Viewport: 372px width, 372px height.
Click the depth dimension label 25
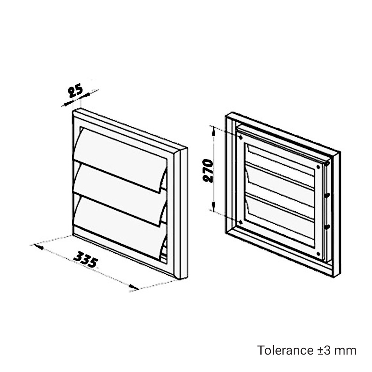click(x=76, y=91)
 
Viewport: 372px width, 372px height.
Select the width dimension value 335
click(x=86, y=260)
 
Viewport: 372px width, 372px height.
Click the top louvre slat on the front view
click(x=120, y=158)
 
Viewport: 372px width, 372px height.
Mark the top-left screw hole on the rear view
click(x=241, y=137)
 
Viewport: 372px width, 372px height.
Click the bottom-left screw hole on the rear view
click(x=241, y=222)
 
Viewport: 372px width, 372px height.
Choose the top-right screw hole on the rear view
click(x=318, y=167)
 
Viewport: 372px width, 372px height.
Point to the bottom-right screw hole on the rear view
click(x=318, y=254)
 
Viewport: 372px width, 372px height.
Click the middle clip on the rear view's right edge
click(x=327, y=195)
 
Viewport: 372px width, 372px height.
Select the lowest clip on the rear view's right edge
click(x=327, y=227)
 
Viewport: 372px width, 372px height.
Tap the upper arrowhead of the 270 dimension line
click(x=214, y=131)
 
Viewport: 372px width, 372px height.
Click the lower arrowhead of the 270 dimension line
click(x=214, y=206)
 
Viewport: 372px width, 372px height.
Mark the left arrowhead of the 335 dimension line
click(x=39, y=247)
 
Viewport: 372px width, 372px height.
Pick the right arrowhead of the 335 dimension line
click(x=134, y=287)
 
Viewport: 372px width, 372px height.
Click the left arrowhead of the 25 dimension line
click(x=68, y=104)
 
